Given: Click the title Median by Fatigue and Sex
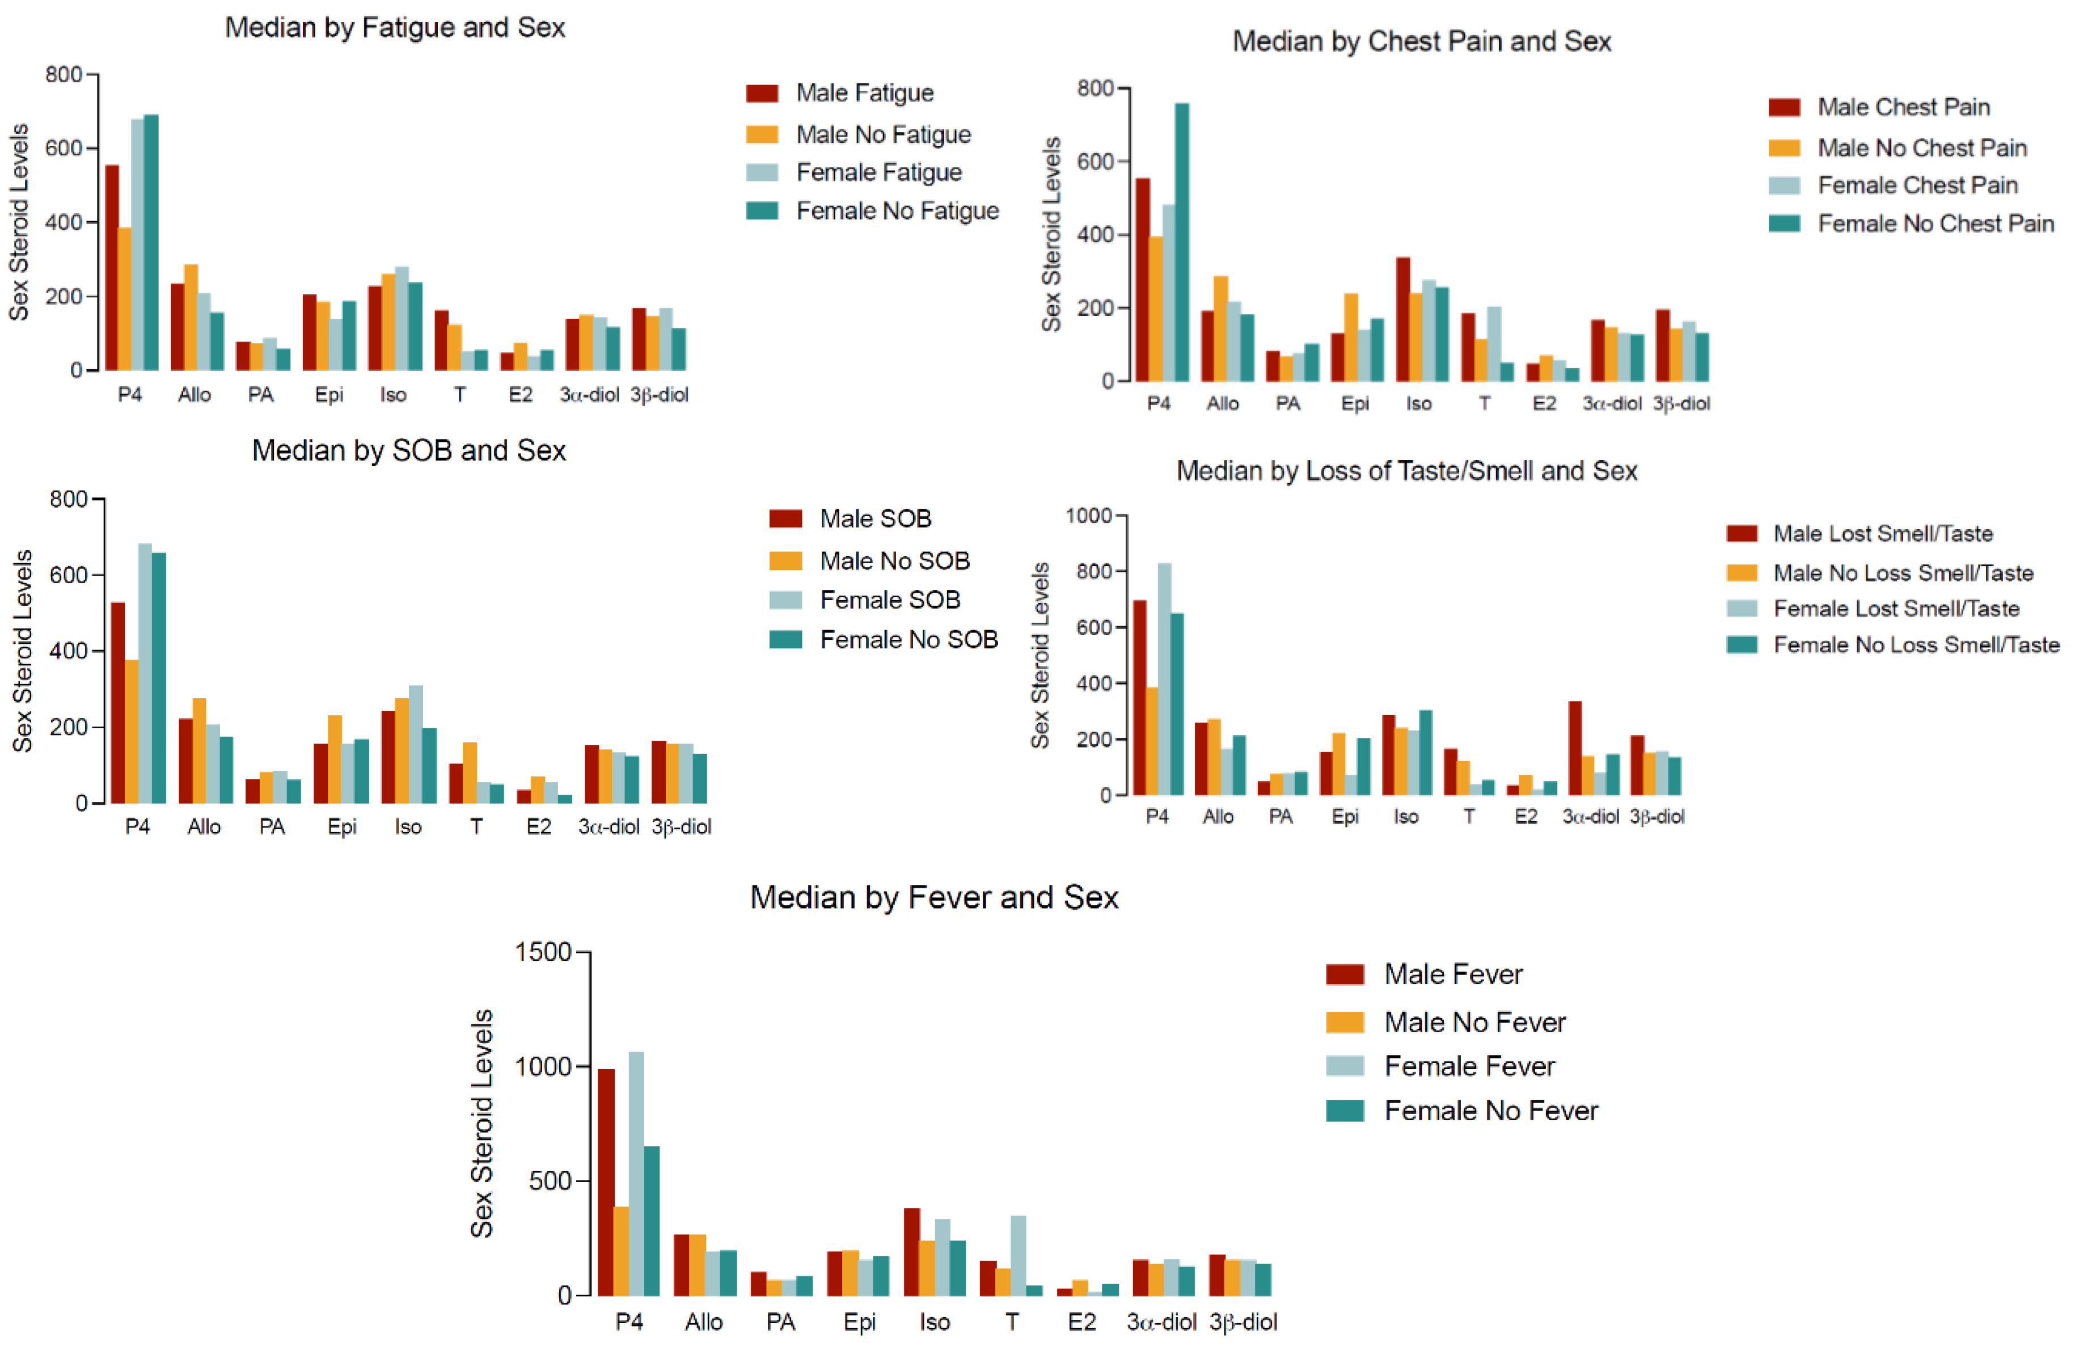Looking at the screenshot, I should (x=395, y=28).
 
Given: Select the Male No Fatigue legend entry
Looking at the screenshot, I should (x=882, y=134).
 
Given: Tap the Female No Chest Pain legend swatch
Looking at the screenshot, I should (x=1784, y=223).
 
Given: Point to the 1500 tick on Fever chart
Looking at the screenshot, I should (x=542, y=952).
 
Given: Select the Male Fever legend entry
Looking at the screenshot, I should (x=1452, y=974).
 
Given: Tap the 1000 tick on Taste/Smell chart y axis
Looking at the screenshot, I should (x=1088, y=516).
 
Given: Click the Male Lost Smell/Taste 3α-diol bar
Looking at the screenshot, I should (x=1575, y=748).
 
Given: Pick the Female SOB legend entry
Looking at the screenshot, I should (x=889, y=600).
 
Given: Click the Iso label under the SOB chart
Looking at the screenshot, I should (x=407, y=827).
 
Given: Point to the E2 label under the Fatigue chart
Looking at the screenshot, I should (x=521, y=395).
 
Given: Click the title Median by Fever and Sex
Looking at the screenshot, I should (x=934, y=897).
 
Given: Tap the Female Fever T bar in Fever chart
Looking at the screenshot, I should (x=1017, y=1255).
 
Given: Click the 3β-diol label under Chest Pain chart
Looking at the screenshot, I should (x=1681, y=404).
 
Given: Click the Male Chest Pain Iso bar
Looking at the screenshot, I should (x=1403, y=319).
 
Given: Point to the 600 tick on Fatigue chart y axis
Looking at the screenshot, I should (x=64, y=148).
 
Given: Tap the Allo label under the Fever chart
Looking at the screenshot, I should (x=704, y=1322).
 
